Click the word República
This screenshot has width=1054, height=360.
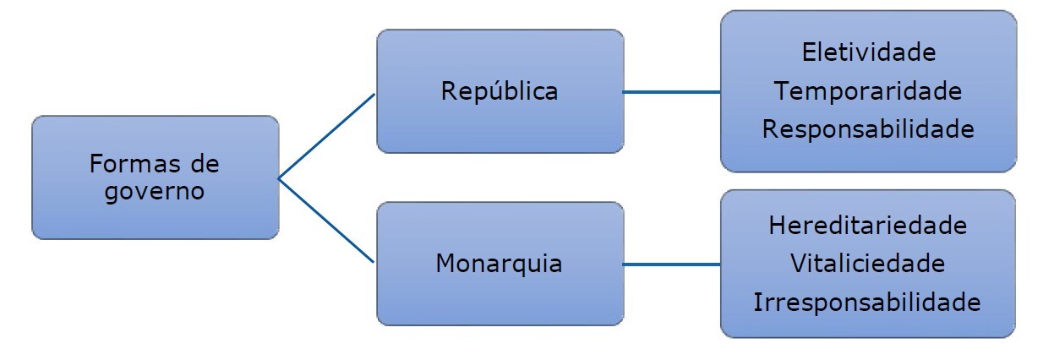click(500, 91)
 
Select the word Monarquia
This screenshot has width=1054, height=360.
click(500, 263)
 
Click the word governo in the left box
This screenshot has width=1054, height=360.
click(155, 191)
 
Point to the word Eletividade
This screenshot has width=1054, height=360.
click(868, 52)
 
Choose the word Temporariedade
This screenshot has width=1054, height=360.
click(868, 90)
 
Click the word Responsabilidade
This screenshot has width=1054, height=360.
click(868, 129)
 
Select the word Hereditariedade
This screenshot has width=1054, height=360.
click(868, 226)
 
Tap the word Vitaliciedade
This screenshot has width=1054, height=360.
click(868, 264)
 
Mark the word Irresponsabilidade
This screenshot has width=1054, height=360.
click(868, 303)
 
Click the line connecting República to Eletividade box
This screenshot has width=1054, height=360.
click(672, 91)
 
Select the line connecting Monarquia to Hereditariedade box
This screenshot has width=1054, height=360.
click(672, 264)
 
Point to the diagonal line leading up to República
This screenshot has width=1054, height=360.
click(327, 135)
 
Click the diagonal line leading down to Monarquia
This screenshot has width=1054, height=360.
click(327, 221)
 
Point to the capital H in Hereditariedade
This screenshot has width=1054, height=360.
click(778, 226)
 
